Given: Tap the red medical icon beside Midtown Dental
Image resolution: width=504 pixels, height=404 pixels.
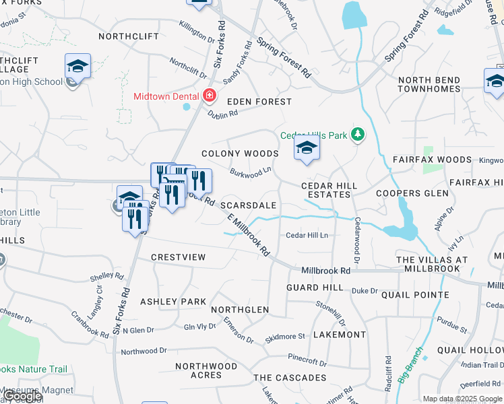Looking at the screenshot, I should click(x=209, y=96).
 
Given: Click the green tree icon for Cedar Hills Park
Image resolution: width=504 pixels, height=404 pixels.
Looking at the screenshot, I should click(x=358, y=135).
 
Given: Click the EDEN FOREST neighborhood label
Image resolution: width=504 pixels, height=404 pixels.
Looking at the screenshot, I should click(x=259, y=102).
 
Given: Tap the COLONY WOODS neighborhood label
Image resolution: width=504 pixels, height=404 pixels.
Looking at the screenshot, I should click(x=240, y=154).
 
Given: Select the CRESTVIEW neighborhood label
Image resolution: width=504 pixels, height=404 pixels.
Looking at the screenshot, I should click(x=178, y=258).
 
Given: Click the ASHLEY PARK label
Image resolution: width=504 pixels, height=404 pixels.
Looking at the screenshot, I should click(x=172, y=302).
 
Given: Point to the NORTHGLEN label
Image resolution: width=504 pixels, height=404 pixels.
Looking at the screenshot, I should click(x=240, y=310).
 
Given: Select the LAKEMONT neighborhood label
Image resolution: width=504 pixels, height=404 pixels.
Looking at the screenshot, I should click(x=340, y=334).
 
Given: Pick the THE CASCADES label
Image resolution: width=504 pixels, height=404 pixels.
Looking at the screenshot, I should click(x=290, y=378).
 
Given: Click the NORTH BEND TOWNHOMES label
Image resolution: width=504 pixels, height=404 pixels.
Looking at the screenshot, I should click(x=429, y=85).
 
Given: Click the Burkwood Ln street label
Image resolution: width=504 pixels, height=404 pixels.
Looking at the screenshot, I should click(x=250, y=173).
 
